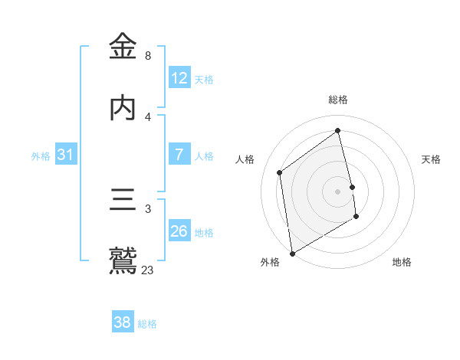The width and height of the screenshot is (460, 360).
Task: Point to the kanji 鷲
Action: pyautogui.click(x=123, y=261)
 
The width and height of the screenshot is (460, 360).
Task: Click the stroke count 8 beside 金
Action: pyautogui.click(x=148, y=56)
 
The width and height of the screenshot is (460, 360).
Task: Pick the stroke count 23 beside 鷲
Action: pyautogui.click(x=148, y=270)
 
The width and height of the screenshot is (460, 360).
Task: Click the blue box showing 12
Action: pyautogui.click(x=179, y=78)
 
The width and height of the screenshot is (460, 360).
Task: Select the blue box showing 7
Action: pyautogui.click(x=179, y=155)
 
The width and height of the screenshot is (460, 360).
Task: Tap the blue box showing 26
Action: pyautogui.click(x=179, y=231)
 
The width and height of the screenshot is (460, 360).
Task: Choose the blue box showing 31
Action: pyautogui.click(x=66, y=155)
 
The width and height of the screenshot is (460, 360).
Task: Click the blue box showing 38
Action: pyautogui.click(x=123, y=322)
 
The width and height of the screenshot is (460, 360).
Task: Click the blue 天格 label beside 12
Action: pyautogui.click(x=204, y=80)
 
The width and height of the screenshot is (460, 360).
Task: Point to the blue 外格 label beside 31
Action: pyautogui.click(x=41, y=156)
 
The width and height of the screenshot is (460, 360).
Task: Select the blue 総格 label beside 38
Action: pyautogui.click(x=147, y=324)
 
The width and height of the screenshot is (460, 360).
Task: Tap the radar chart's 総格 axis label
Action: pyautogui.click(x=338, y=100)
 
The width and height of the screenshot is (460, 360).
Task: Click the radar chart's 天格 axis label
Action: pyautogui.click(x=432, y=159)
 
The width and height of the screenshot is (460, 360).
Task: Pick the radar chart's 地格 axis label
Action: pyautogui.click(x=402, y=262)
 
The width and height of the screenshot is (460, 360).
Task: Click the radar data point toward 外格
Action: pyautogui.click(x=291, y=253)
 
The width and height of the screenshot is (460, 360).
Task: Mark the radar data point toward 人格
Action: pyautogui.click(x=280, y=172)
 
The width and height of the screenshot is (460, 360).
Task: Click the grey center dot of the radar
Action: pyautogui.click(x=338, y=191)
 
